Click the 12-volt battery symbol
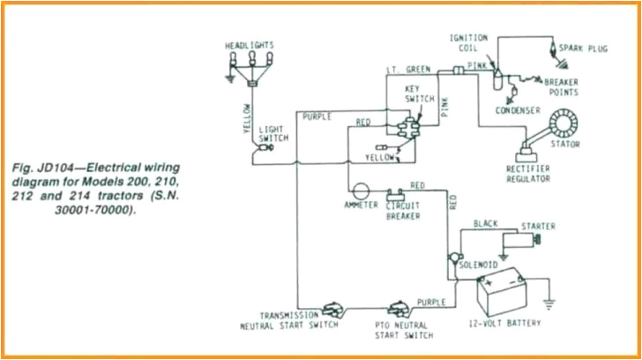pos(501,290)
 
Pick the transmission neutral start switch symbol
pos(331,309)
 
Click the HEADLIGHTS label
pos(250,43)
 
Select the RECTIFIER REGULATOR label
pos(528,173)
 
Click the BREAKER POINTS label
pos(561,86)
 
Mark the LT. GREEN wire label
pos(407,69)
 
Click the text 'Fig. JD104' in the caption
pos(44,166)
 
